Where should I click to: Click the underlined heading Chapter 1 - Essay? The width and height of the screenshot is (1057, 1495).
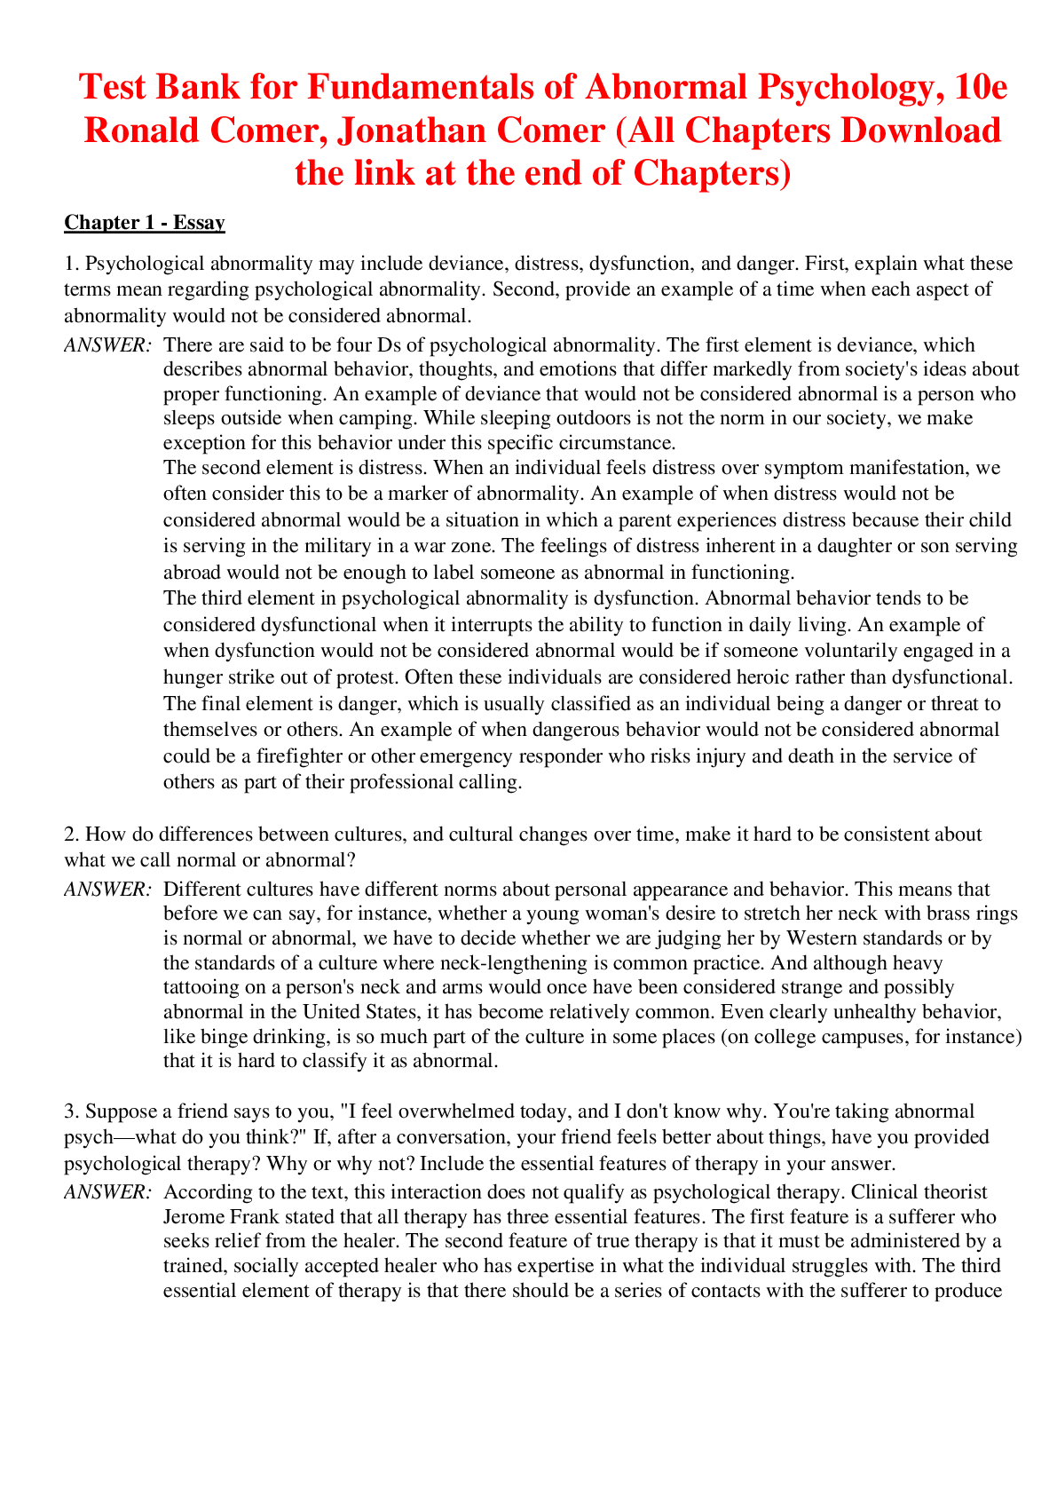(x=144, y=223)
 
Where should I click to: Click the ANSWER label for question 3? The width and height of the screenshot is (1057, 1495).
(x=108, y=1192)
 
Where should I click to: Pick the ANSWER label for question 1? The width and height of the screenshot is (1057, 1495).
(x=108, y=345)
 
